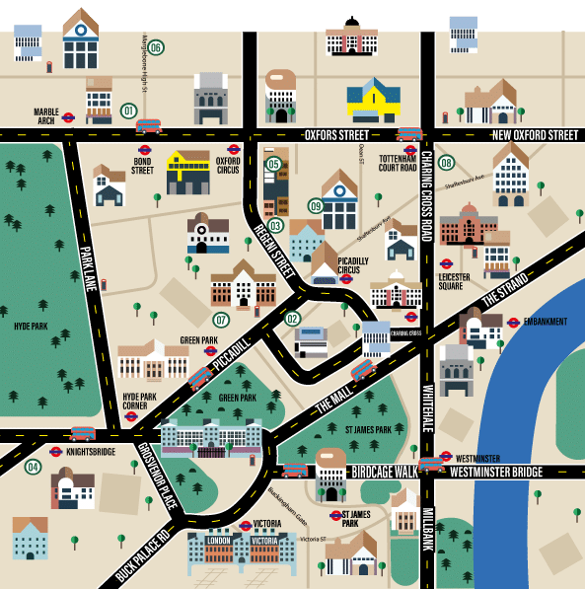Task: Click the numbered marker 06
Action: coord(156,47)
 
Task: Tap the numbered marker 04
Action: coord(34,467)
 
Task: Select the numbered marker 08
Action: coord(447,163)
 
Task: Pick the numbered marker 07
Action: coord(221,320)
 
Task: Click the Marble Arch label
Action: coord(46,116)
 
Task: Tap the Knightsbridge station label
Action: coord(90,452)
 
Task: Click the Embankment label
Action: coord(546,322)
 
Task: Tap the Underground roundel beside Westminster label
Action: coord(446,457)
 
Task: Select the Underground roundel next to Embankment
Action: coord(513,322)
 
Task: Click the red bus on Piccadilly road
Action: coord(200,377)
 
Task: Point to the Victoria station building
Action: coord(242,552)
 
